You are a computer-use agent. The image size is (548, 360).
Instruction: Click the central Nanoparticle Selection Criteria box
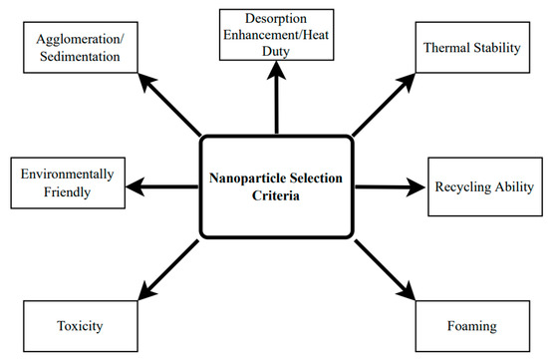click(x=275, y=187)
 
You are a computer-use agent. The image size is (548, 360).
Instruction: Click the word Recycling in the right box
click(x=465, y=186)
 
